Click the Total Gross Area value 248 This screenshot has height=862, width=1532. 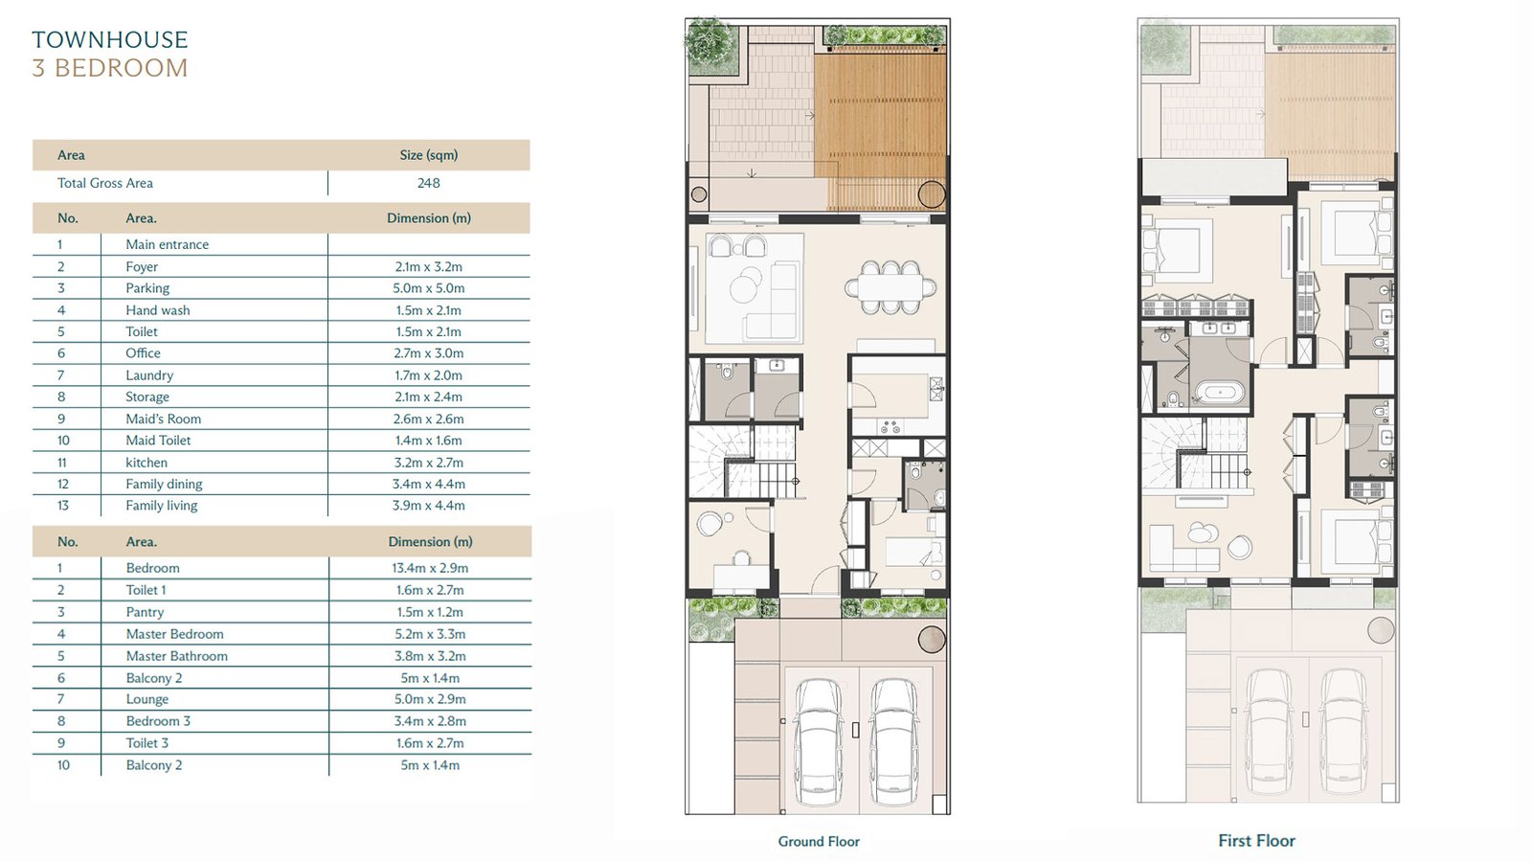click(429, 183)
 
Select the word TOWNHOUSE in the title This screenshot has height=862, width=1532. click(110, 39)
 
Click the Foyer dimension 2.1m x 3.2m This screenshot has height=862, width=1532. click(429, 267)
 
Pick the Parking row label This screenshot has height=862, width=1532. click(147, 288)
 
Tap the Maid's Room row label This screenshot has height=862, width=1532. click(164, 419)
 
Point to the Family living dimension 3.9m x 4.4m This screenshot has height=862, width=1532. click(429, 506)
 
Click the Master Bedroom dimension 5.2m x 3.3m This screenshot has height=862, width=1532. click(430, 634)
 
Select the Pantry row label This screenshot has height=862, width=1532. click(145, 612)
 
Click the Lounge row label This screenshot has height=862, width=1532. click(147, 699)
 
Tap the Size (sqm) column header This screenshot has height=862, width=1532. click(429, 155)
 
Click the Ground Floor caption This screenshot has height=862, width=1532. click(819, 842)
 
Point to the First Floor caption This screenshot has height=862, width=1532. click(1256, 841)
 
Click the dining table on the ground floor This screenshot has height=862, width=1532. click(890, 287)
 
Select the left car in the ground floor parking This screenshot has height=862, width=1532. click(818, 742)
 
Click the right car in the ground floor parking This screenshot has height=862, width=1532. click(893, 742)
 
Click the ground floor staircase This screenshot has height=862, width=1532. click(743, 461)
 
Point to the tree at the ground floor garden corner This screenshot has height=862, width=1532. click(710, 39)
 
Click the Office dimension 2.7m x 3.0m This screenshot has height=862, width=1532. click(429, 353)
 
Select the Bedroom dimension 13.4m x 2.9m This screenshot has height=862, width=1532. click(430, 568)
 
